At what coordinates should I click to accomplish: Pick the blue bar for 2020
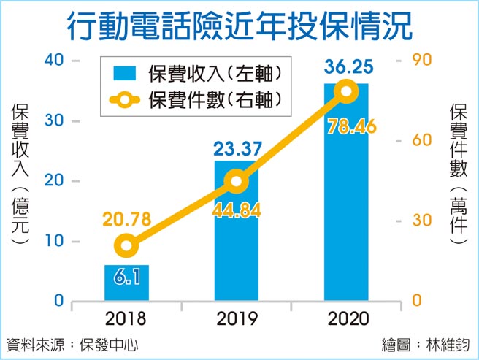[346, 197]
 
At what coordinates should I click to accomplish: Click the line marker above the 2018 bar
[127, 245]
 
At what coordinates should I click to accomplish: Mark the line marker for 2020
[346, 91]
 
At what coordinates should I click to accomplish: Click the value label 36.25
[346, 69]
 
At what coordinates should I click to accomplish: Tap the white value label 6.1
[127, 277]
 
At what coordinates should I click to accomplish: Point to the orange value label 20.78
[127, 218]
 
